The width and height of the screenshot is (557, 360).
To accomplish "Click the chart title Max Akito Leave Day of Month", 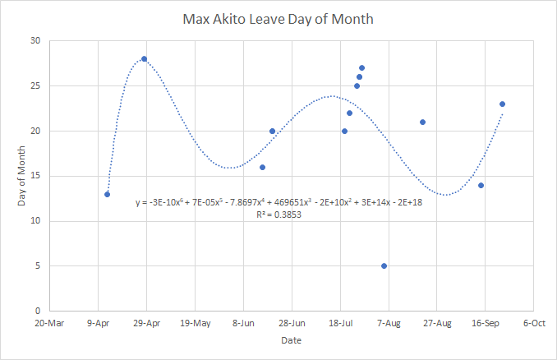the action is [278, 19].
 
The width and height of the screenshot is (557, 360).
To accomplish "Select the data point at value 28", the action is [145, 59].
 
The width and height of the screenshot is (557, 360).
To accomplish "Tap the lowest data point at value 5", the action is [384, 265].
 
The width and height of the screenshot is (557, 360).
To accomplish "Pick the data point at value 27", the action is [361, 68].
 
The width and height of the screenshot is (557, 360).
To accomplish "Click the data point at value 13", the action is [108, 195].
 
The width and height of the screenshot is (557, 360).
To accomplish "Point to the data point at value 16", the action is [263, 168].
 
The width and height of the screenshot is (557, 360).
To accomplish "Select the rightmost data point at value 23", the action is [502, 104].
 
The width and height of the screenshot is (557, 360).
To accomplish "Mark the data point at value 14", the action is [481, 186].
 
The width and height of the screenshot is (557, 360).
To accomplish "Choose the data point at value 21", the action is [423, 122].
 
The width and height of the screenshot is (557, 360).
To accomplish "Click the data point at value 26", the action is [360, 76].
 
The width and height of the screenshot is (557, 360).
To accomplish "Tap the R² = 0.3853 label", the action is [278, 215].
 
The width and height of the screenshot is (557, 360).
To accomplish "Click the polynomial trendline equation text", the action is [278, 202].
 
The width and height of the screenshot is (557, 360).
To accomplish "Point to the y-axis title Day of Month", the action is [21, 176].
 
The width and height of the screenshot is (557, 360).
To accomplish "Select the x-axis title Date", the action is [292, 340].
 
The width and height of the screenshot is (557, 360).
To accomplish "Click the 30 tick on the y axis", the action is [35, 40].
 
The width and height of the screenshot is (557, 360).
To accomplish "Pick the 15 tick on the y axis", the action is [35, 176].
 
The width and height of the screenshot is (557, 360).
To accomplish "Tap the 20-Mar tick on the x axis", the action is [49, 323].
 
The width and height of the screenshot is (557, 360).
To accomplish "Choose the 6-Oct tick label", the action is [534, 323].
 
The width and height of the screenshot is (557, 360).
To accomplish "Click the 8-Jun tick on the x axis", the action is [243, 323].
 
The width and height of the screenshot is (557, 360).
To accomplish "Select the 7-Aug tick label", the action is [389, 323].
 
